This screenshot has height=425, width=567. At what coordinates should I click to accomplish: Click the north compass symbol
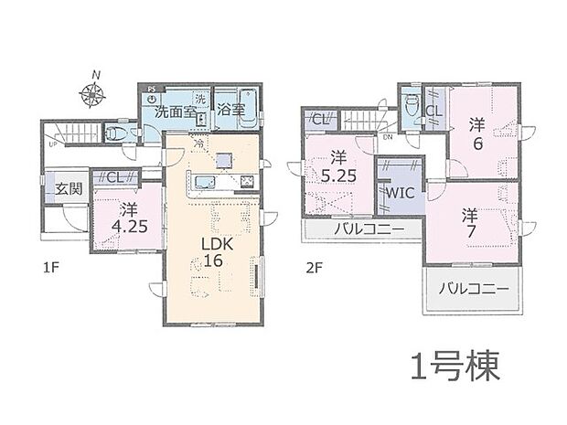point(91,90)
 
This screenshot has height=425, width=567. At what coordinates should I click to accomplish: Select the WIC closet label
point(399,194)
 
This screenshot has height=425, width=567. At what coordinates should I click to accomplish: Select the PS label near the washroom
point(152,90)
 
